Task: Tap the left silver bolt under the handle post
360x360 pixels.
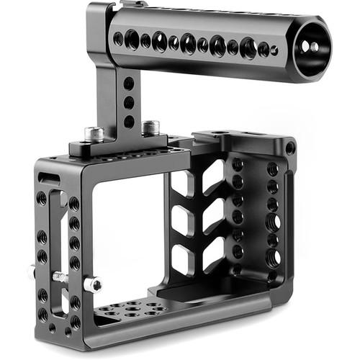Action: click(94, 134)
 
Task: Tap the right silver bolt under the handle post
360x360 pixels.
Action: click(150, 127)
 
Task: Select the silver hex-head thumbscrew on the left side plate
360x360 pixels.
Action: click(92, 284)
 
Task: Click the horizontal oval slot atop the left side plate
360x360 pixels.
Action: click(49, 178)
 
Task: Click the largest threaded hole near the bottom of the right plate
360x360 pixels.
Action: click(273, 256)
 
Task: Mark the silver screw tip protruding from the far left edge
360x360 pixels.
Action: click(31, 272)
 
